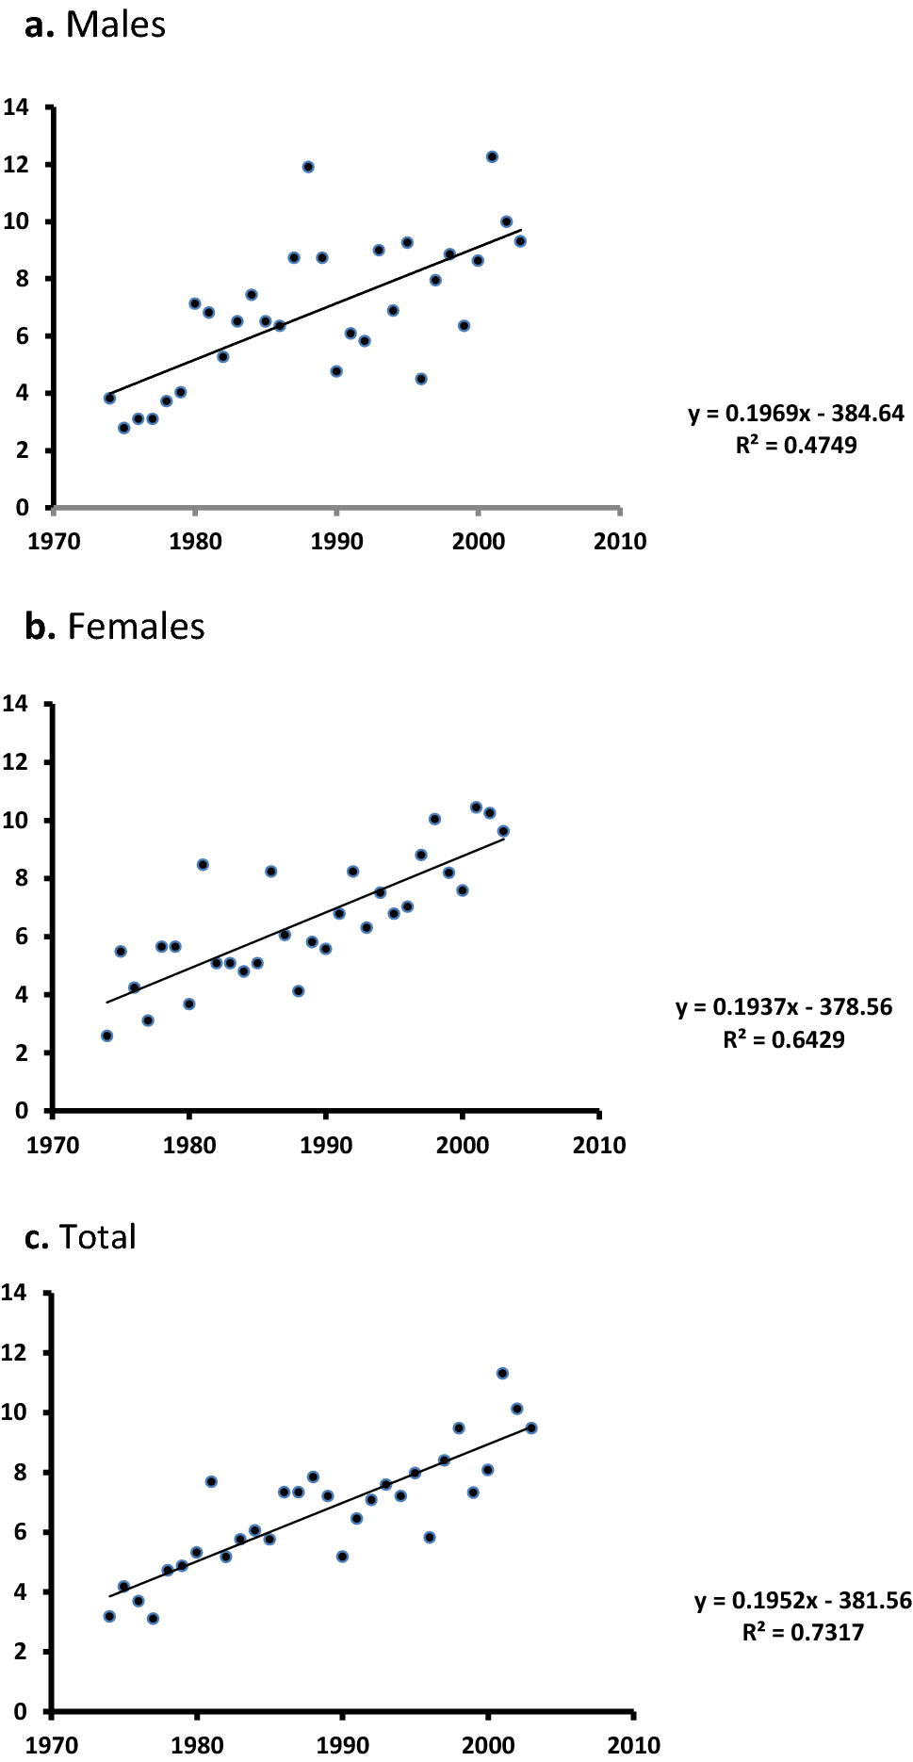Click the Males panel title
point(95,25)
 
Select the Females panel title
point(115,627)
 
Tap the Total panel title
point(81,1237)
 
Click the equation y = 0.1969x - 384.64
point(796,414)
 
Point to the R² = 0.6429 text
point(784,1039)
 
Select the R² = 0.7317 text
point(803,1632)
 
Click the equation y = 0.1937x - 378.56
point(784,1007)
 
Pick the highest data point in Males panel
point(492,157)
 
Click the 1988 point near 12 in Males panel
point(308,167)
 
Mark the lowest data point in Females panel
point(106,1036)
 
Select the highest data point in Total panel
point(502,1373)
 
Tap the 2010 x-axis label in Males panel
point(620,542)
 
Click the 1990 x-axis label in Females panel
point(326,1145)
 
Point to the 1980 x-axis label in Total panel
point(197,1745)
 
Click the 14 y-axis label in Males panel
point(16,107)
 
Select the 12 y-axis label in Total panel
point(14,1352)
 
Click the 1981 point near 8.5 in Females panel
point(203,865)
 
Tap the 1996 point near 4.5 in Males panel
point(421,379)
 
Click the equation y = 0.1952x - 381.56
point(803,1600)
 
